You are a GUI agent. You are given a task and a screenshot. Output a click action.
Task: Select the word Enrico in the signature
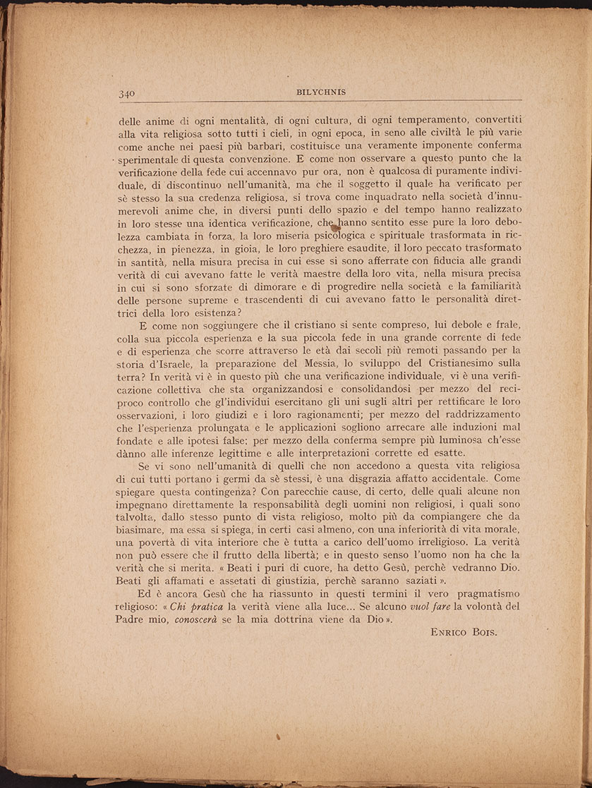pyautogui.click(x=452, y=632)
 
